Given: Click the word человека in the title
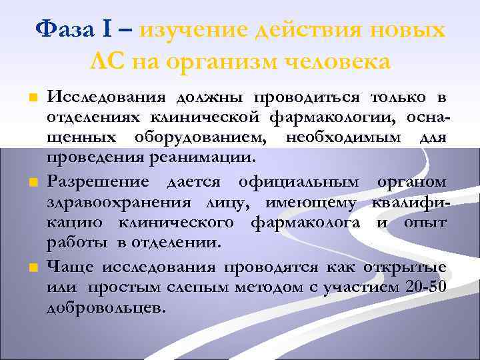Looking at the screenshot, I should pos(338,61).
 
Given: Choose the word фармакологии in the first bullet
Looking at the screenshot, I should pos(325,119).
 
